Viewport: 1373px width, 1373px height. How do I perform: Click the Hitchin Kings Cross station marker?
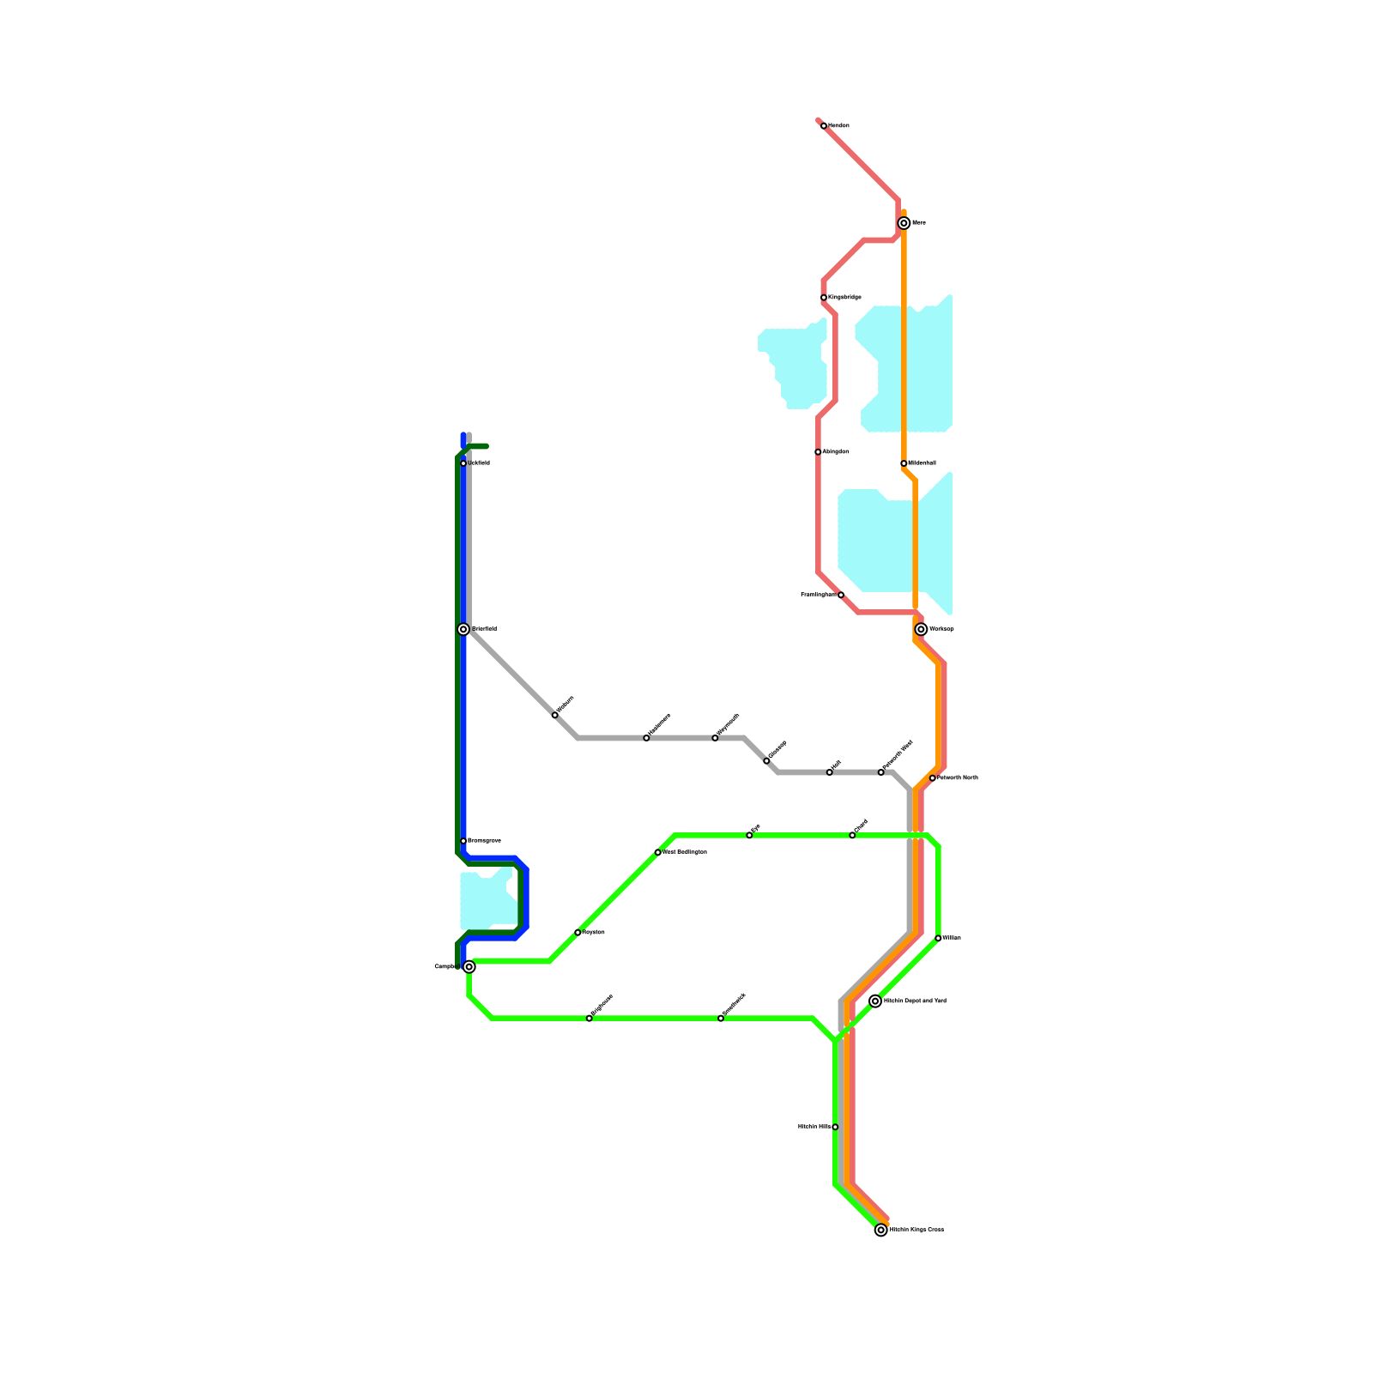(880, 1230)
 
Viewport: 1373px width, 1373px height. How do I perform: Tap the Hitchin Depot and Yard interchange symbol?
(875, 1001)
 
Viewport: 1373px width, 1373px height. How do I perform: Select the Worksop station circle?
(921, 629)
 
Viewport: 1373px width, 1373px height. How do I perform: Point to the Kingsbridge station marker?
(824, 298)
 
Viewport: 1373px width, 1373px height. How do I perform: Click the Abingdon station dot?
(818, 452)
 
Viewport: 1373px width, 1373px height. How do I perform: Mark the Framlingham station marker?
(841, 595)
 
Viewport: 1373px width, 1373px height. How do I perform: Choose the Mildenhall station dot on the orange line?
(904, 463)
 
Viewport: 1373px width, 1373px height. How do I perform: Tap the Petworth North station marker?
(933, 778)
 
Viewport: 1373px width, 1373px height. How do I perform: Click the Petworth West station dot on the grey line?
(880, 772)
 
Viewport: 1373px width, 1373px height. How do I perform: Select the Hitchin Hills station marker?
(835, 1127)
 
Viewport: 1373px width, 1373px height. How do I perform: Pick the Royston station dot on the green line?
(578, 932)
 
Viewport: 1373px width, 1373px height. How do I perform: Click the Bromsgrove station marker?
(463, 841)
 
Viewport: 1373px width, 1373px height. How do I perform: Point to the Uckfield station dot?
(463, 463)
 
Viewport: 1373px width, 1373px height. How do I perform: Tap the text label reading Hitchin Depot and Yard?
(915, 1001)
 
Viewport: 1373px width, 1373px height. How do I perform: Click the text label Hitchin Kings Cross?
(916, 1230)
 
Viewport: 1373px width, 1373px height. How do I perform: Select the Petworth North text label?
(958, 778)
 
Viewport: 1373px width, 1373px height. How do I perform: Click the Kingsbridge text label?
(845, 298)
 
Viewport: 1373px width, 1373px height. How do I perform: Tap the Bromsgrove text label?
(485, 841)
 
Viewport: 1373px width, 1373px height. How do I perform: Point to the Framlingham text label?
(818, 595)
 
